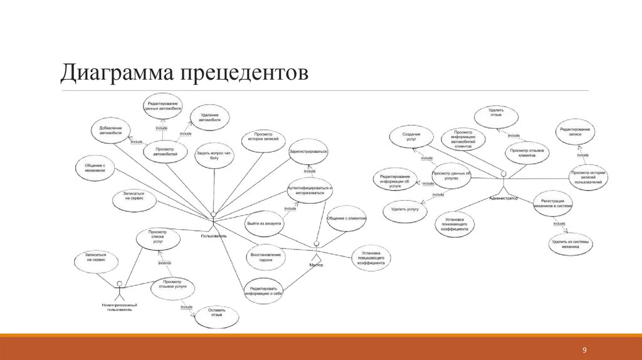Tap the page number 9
(x=584, y=349)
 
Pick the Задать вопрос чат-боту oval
(x=214, y=156)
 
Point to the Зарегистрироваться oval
(x=308, y=151)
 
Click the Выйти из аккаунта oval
(x=265, y=223)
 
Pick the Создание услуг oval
(x=411, y=137)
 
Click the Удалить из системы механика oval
(x=570, y=243)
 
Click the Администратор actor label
(x=503, y=198)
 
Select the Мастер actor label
(x=317, y=265)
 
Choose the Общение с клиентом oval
(x=347, y=218)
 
